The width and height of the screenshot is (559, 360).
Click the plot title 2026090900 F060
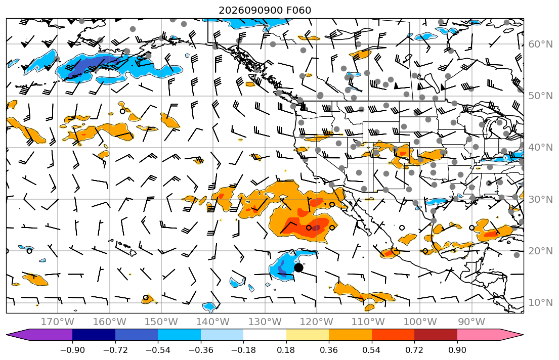(265, 10)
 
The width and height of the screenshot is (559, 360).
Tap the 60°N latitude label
(540, 44)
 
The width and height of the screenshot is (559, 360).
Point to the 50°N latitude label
(540, 96)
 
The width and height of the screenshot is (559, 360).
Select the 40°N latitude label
(540, 147)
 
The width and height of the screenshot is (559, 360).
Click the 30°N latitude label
(540, 199)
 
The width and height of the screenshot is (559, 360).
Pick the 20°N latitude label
(540, 251)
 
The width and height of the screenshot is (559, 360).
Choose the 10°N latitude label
(540, 303)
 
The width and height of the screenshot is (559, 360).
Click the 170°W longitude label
(58, 322)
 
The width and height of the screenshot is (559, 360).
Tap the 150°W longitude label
(161, 322)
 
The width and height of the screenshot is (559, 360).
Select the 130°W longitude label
(265, 322)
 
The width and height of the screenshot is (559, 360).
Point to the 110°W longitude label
(368, 322)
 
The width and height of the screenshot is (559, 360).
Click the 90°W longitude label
(471, 322)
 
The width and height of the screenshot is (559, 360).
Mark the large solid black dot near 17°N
(299, 267)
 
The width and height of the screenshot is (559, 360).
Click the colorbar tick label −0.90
(72, 350)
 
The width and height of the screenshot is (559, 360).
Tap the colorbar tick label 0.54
(371, 350)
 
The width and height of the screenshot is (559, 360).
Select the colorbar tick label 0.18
(286, 350)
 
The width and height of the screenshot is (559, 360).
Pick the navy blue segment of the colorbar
(94, 335)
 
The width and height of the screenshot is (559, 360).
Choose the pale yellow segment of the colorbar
(308, 335)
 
